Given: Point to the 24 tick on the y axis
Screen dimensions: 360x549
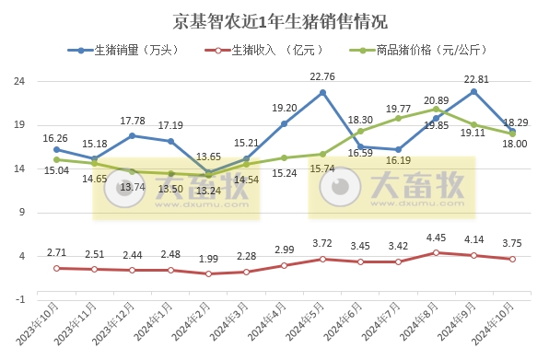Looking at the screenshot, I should (x=18, y=81).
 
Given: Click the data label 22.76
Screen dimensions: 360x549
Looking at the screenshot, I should (x=322, y=76).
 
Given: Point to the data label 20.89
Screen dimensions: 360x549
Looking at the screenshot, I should (x=436, y=99).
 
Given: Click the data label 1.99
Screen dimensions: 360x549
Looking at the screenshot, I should (x=208, y=260).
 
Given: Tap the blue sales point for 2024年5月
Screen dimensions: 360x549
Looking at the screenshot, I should (x=322, y=92).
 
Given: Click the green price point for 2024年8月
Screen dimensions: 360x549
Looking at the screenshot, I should (x=436, y=109).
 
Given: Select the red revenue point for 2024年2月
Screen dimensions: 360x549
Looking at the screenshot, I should (x=208, y=273).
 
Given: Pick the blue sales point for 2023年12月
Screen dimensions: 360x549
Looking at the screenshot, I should (x=133, y=135).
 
